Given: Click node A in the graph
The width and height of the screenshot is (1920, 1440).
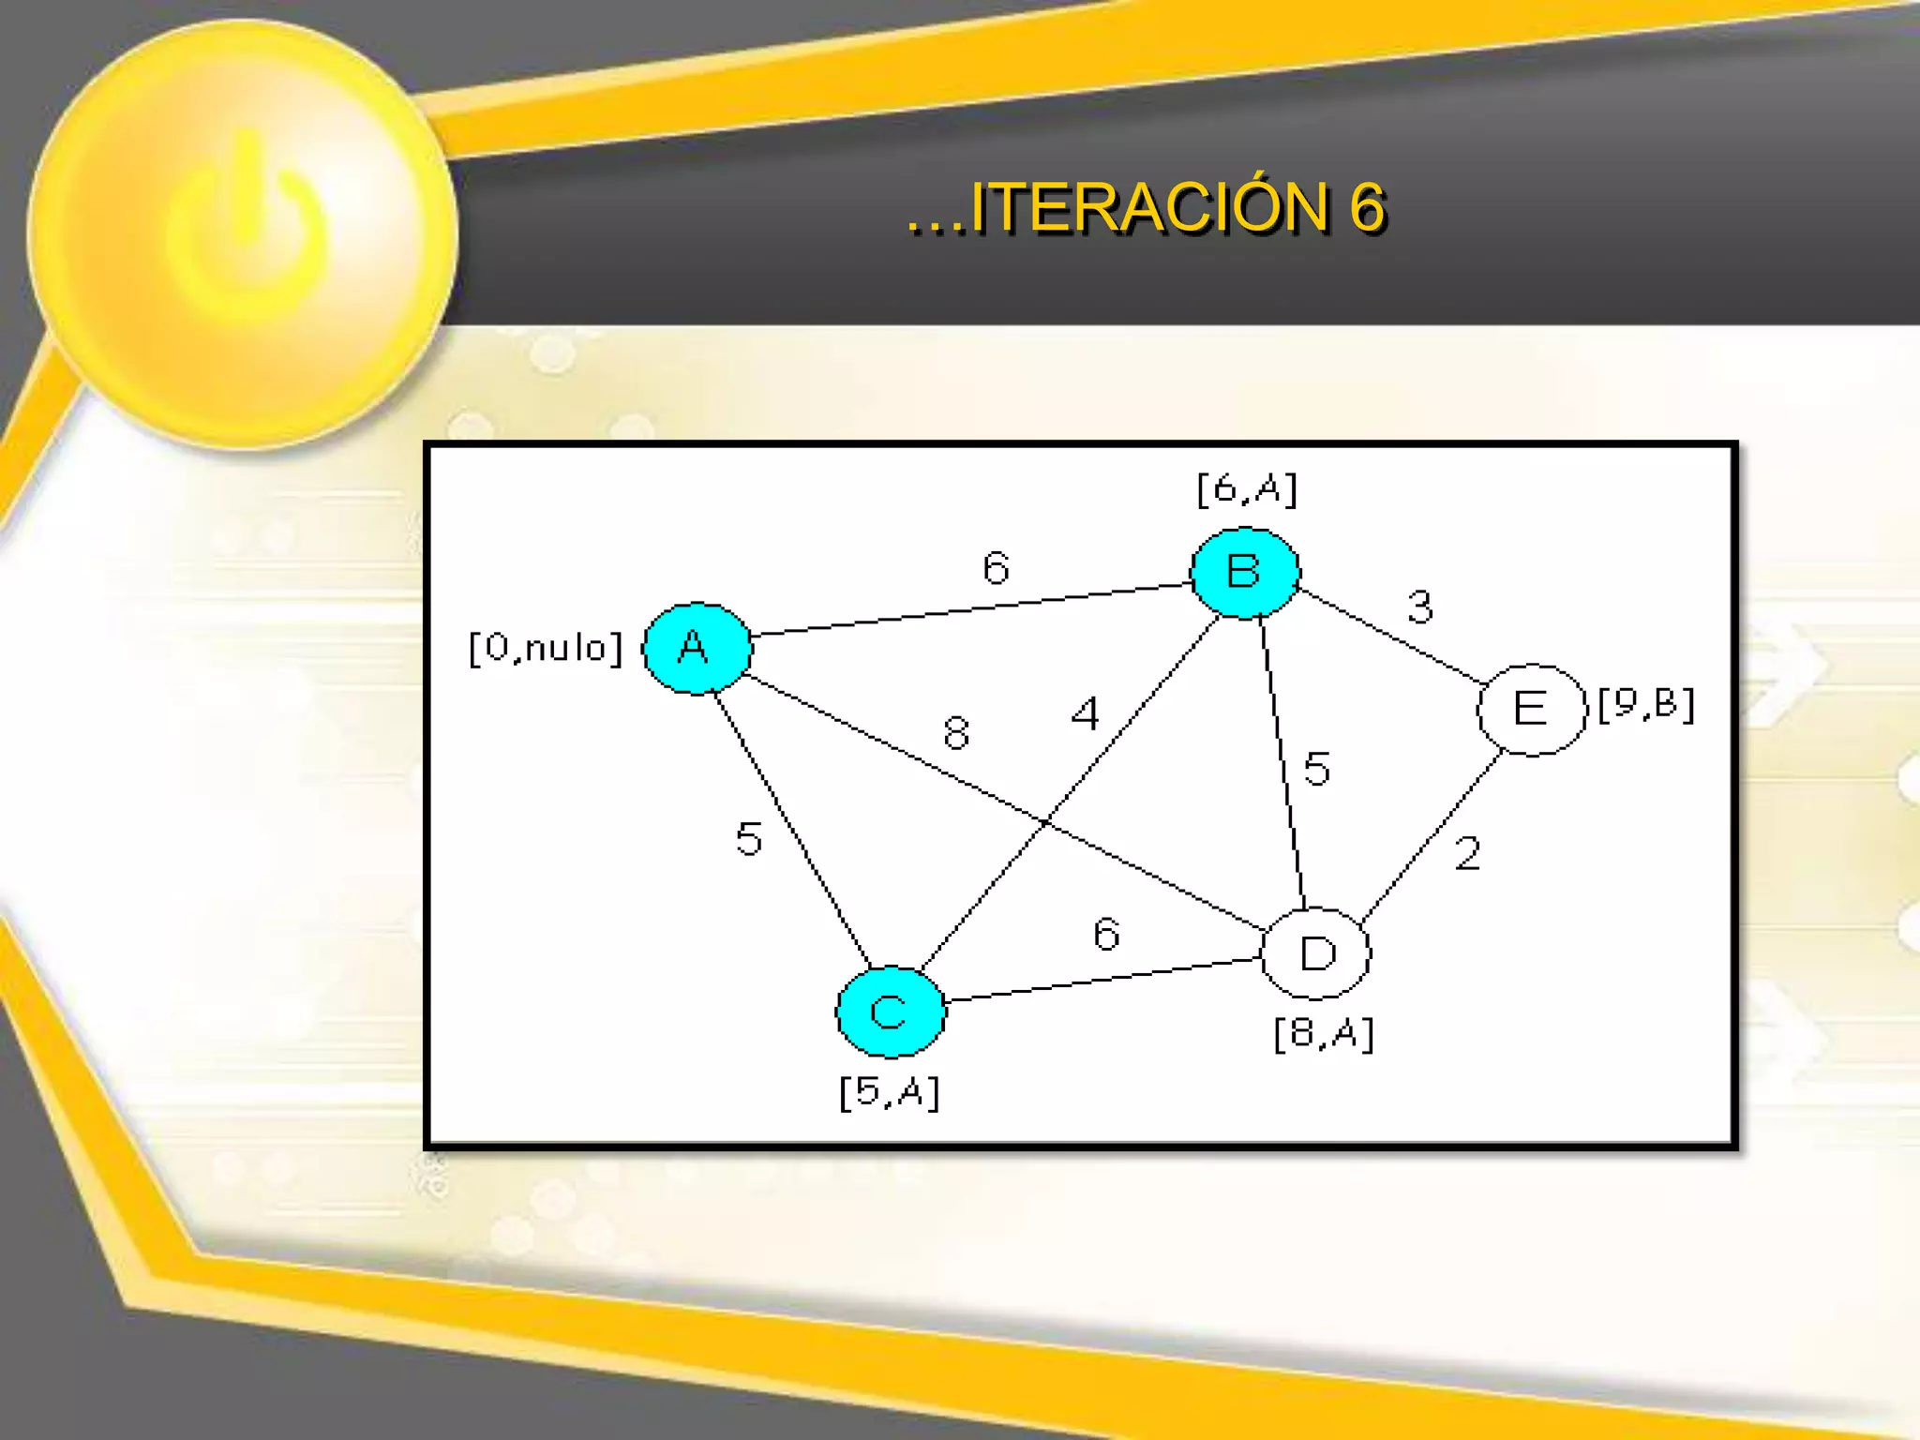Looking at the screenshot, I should coord(697,648).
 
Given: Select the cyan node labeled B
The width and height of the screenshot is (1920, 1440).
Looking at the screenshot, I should coord(1245,572).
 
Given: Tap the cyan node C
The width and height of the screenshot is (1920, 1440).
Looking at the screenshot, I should coord(890,1012).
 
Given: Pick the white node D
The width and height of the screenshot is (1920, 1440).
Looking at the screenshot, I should coord(1317,953).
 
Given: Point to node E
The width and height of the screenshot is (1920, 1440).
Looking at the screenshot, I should coord(1531,709).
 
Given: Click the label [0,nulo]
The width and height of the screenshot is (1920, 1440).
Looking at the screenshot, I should coord(545,648).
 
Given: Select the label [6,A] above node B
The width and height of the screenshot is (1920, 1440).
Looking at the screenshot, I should coord(1247,488).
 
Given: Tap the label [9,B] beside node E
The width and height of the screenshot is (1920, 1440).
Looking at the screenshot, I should coord(1646,704).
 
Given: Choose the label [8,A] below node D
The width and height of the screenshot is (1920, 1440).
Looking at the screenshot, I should coord(1323,1034).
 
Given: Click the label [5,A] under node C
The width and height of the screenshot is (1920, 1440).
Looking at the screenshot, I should coord(889,1092).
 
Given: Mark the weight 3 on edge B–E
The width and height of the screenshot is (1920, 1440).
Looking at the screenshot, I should coord(1420,607).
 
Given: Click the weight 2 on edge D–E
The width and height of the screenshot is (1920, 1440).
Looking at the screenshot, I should coord(1467,853).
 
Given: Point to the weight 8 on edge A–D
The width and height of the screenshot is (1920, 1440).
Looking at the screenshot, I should coord(956,732).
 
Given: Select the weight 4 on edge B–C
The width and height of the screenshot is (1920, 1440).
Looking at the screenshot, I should coord(1085,713).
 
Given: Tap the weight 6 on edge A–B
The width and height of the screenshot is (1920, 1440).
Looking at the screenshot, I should coord(996,567).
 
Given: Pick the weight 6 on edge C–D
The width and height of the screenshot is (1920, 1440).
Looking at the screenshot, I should coord(1106,934).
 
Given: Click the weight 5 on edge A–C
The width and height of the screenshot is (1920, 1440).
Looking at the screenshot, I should coord(748,838).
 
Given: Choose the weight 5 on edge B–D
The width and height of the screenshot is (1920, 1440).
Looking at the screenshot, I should coord(1316,768).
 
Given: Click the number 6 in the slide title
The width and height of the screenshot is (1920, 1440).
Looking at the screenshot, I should coord(1367,207).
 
